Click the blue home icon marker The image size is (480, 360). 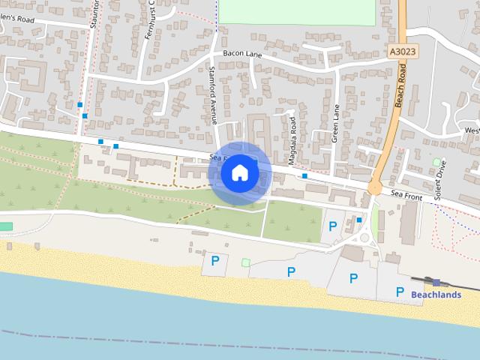pyautogui.click(x=240, y=173)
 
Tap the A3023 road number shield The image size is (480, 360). pyautogui.click(x=403, y=51)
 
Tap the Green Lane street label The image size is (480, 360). pyautogui.click(x=336, y=124)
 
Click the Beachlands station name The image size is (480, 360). pyautogui.click(x=436, y=295)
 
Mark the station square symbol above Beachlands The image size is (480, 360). pyautogui.click(x=436, y=282)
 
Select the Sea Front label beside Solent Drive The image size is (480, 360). pyautogui.click(x=407, y=195)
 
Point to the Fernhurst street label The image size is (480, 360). pyautogui.click(x=149, y=19)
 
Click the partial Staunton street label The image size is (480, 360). pyautogui.click(x=95, y=14)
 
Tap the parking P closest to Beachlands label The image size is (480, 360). pyautogui.click(x=400, y=292)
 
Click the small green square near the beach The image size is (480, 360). pyautogui.click(x=245, y=262)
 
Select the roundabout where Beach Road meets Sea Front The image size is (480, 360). pyautogui.click(x=374, y=188)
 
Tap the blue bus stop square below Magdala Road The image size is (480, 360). pyautogui.click(x=304, y=175)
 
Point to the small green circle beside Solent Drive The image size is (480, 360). pyautogui.click(x=436, y=161)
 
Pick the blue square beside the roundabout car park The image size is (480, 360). pyautogui.click(x=359, y=220)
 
